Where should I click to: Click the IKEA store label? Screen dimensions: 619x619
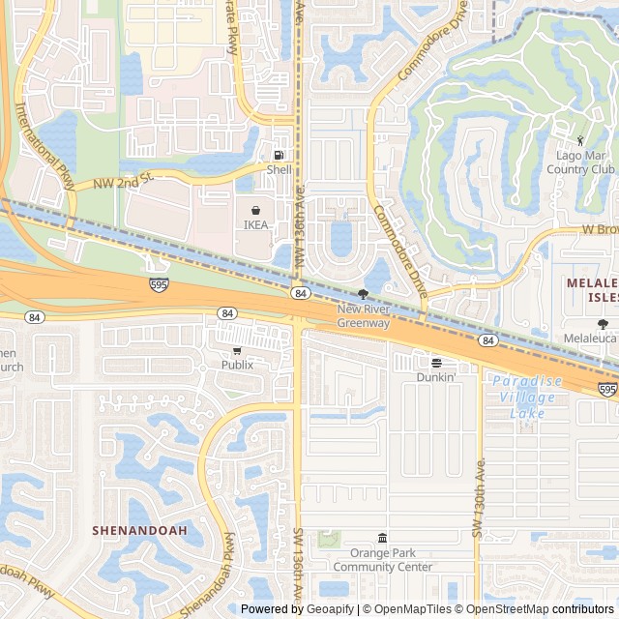255,225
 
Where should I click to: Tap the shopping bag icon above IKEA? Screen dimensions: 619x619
255,210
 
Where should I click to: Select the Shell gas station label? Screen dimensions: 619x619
279,170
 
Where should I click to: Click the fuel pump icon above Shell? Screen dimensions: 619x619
279,156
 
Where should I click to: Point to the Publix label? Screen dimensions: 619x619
237,365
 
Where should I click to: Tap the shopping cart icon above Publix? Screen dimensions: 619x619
237,350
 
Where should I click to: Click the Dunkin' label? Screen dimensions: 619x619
436,377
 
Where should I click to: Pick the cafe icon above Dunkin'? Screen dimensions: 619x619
436,363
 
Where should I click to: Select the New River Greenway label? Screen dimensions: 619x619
363,316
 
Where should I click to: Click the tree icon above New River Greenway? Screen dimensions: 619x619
363,294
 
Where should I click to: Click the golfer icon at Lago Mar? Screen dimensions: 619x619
580,141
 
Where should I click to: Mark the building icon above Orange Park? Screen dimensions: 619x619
382,538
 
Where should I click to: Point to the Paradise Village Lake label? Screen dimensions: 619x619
525,397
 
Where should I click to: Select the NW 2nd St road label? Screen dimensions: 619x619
124,181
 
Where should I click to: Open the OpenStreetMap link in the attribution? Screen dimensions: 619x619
509,609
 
